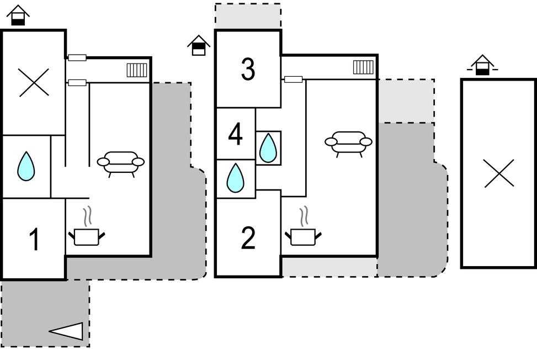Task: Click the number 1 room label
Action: point(34,240)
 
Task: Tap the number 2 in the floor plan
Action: point(248,239)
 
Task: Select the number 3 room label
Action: point(248,70)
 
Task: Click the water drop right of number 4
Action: point(268,148)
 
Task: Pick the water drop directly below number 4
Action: point(236,178)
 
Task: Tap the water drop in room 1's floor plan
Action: point(26,166)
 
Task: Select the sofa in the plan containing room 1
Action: point(121,162)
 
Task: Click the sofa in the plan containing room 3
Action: point(348,142)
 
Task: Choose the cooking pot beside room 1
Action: point(87,236)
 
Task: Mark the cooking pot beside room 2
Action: point(303,236)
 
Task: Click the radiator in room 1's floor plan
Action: point(137,70)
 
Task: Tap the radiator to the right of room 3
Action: point(363,67)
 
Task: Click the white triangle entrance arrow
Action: point(68,331)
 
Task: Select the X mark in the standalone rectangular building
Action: point(499,173)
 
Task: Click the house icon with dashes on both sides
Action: point(482,65)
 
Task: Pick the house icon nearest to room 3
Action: point(199,45)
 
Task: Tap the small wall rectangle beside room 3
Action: point(293,80)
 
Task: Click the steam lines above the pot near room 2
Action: point(304,216)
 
